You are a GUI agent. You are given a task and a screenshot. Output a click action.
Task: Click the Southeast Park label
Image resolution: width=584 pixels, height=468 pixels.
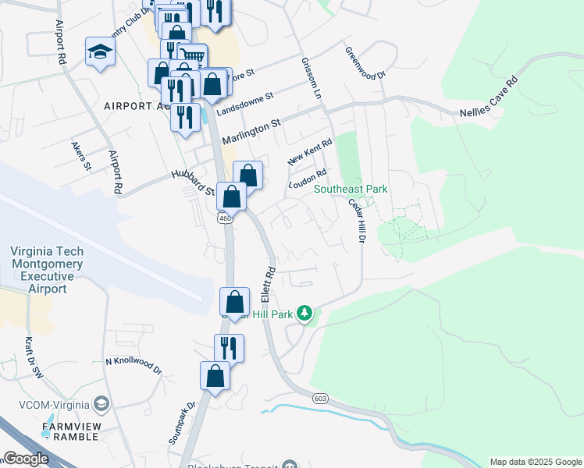pos(351,190)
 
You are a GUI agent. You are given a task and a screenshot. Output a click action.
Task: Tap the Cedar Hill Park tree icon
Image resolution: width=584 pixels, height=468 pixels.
pos(304,314)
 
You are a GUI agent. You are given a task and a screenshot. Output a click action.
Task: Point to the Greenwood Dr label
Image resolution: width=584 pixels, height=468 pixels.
pos(365,62)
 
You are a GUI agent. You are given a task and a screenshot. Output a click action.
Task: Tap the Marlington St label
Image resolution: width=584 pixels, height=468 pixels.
pos(251,131)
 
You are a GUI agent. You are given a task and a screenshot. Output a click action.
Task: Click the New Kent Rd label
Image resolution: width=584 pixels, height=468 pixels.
pos(310,151)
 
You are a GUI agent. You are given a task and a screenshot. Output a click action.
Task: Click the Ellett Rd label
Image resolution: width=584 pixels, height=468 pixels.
pos(269,285)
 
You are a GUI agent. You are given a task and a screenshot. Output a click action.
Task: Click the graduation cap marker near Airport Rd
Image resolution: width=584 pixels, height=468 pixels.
pos(100,52)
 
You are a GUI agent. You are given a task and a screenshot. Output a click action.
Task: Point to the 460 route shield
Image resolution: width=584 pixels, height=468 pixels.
pos(225,219)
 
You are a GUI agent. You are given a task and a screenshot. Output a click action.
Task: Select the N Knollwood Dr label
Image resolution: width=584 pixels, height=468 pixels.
pos(133,367)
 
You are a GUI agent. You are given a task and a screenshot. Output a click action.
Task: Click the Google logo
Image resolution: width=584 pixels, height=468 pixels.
pos(26,459)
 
